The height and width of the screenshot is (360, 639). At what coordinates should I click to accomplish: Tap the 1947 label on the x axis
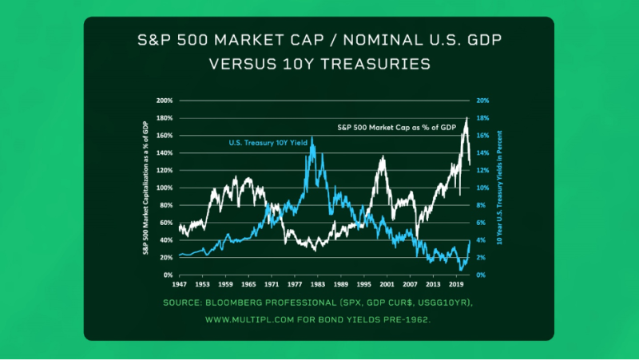click(180, 283)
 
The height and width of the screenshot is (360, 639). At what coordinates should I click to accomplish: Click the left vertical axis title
click(147, 188)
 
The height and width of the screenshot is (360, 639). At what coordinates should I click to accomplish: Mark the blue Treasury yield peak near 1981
click(312, 138)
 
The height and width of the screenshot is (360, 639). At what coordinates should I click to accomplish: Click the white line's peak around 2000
click(384, 157)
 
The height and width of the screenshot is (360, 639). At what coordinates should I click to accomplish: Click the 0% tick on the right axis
click(481, 275)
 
